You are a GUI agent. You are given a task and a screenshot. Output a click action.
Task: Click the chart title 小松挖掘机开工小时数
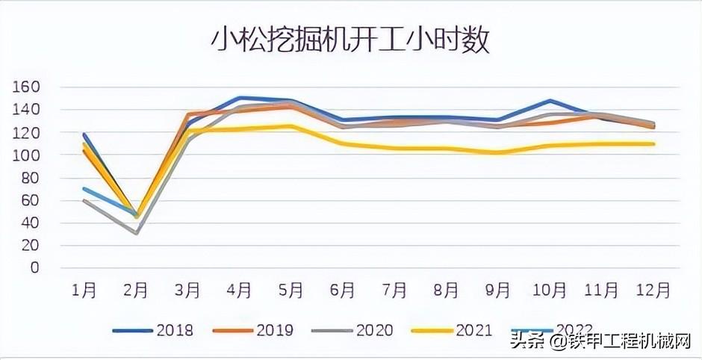point(349,40)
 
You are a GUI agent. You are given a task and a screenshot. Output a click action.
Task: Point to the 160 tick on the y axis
point(26,87)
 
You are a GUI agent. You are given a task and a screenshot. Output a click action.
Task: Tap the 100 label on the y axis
point(26,155)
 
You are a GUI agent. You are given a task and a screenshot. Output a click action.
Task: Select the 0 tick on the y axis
point(34,267)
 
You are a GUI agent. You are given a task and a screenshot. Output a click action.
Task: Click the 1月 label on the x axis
point(84,290)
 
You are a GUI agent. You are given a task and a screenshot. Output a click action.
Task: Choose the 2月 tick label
point(136,290)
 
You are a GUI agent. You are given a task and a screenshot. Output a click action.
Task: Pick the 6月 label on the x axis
point(343,290)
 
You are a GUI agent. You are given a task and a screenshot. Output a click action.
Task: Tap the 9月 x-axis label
point(498,290)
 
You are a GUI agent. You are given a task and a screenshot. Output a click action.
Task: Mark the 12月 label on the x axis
point(653,290)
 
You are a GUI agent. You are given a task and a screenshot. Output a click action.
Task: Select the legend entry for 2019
point(254,329)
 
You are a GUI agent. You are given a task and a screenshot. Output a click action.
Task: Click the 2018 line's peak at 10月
point(550,100)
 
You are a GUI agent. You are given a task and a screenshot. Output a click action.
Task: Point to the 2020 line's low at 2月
point(136,233)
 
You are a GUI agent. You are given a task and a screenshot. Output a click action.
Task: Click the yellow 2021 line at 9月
point(498,153)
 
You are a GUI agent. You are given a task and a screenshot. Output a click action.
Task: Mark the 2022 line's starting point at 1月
point(84,188)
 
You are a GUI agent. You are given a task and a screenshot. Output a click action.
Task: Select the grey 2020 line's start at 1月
point(84,200)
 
